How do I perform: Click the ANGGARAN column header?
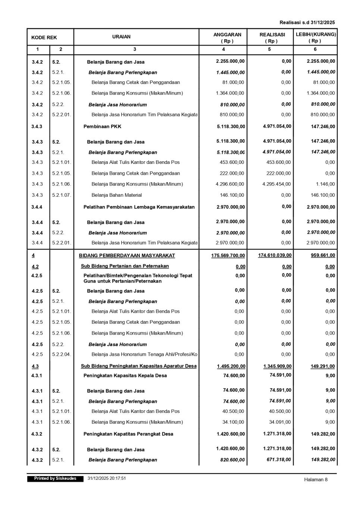pyautogui.click(x=227, y=37)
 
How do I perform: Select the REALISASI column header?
pyautogui.click(x=272, y=37)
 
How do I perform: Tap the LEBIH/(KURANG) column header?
pyautogui.click(x=316, y=37)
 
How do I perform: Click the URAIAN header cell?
pyautogui.click(x=122, y=37)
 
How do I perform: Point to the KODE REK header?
pyautogui.click(x=44, y=37)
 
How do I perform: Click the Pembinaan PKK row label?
pyautogui.click(x=102, y=127)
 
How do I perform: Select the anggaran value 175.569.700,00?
pyautogui.click(x=228, y=256)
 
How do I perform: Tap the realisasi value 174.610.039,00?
pyautogui.click(x=275, y=255)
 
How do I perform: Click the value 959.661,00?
pyautogui.click(x=323, y=256)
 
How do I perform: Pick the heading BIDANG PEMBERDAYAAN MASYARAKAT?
pyautogui.click(x=127, y=256)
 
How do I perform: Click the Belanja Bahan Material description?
pyautogui.click(x=117, y=195)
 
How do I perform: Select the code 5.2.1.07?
pyautogui.click(x=62, y=195)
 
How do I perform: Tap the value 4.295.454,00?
pyautogui.click(x=276, y=184)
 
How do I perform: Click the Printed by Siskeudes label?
pyautogui.click(x=55, y=479)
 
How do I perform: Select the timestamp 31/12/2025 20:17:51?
pyautogui.click(x=107, y=479)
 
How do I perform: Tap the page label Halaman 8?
pyautogui.click(x=316, y=480)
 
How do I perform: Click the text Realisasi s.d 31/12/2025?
pyautogui.click(x=307, y=22)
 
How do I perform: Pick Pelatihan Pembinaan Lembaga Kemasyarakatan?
pyautogui.click(x=139, y=207)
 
